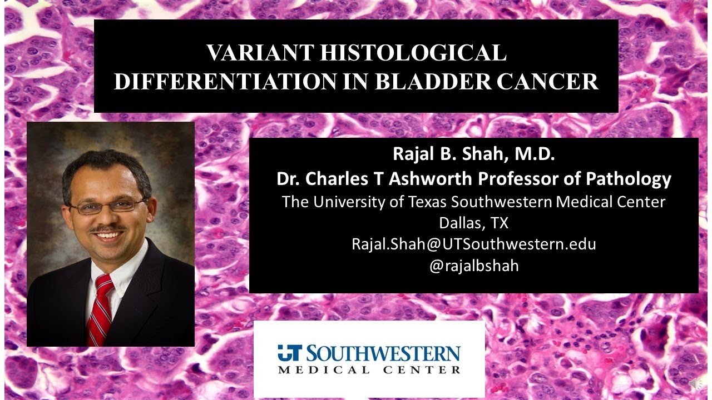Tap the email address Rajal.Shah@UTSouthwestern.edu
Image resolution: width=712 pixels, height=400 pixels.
tap(473, 244)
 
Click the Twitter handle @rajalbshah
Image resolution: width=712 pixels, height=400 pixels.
tap(473, 266)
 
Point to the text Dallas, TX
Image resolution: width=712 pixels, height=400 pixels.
tap(473, 223)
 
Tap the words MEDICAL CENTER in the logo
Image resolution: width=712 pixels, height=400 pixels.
tap(369, 369)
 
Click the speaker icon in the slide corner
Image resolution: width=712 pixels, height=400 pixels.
tap(695, 384)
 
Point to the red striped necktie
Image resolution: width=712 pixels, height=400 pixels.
tap(100, 308)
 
